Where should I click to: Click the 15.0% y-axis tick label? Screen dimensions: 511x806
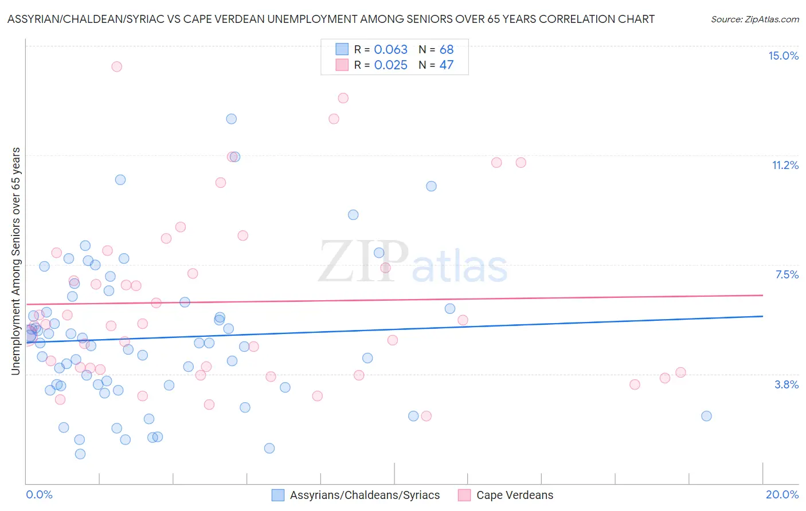click(783, 56)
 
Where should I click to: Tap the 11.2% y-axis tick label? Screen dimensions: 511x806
click(785, 166)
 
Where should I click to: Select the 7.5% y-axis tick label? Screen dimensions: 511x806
click(787, 275)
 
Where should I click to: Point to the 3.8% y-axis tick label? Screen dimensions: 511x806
click(787, 384)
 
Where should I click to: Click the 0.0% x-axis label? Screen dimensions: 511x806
click(39, 494)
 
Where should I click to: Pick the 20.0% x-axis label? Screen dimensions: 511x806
click(782, 494)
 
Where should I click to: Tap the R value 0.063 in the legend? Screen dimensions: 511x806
click(390, 50)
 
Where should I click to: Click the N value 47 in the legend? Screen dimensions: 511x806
click(446, 65)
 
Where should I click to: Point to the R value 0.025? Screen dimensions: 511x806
click(390, 65)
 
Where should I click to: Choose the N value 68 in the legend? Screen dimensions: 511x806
click(446, 50)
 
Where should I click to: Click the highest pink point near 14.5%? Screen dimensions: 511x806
click(116, 66)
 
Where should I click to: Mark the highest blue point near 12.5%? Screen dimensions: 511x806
click(231, 119)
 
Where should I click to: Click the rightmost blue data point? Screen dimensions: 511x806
click(706, 416)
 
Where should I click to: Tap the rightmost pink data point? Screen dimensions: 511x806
click(680, 372)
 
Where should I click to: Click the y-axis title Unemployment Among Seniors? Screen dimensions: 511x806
click(16, 261)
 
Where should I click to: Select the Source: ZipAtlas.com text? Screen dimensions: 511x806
click(754, 19)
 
